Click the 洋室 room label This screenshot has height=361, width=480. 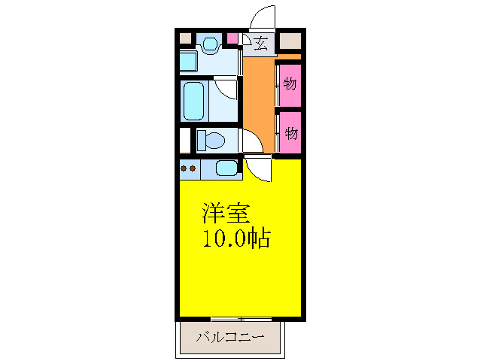[x=224, y=213]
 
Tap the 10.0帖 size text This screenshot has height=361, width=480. [x=235, y=240]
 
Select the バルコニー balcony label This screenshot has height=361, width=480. [x=230, y=338]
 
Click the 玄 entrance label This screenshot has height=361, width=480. [x=260, y=42]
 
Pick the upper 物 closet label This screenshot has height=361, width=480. [x=290, y=83]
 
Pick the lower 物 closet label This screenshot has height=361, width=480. [x=290, y=133]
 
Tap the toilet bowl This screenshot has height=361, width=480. [x=213, y=140]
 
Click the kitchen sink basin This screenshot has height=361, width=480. [x=226, y=168]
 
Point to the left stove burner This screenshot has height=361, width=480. [x=184, y=168]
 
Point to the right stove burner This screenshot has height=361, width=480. [x=193, y=168]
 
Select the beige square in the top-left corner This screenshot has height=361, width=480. [x=187, y=38]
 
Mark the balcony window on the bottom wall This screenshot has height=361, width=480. [x=241, y=319]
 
